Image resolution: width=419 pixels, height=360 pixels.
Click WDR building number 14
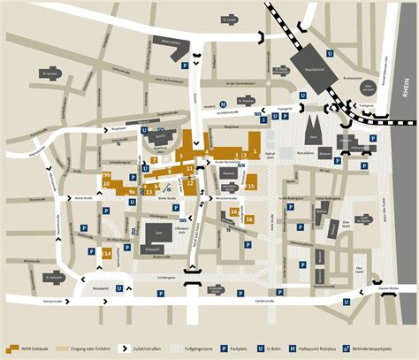[x=106, y=255]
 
